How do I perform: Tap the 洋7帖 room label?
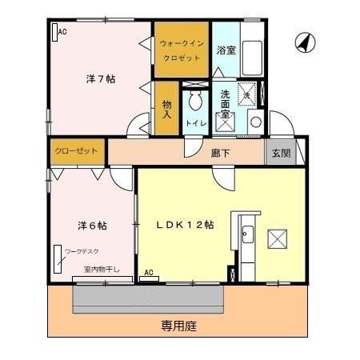101,78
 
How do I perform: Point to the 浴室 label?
226,50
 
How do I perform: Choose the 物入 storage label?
166,108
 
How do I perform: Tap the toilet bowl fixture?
194,102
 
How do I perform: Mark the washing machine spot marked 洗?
249,95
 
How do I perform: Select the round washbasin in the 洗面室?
254,122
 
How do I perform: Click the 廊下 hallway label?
222,151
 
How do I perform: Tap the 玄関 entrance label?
280,152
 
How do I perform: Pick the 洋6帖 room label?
92,226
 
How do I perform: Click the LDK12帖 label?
184,225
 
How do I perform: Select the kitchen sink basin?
247,235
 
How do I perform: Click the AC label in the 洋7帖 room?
62,31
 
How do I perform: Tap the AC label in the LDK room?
149,274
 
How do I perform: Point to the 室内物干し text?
102,270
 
